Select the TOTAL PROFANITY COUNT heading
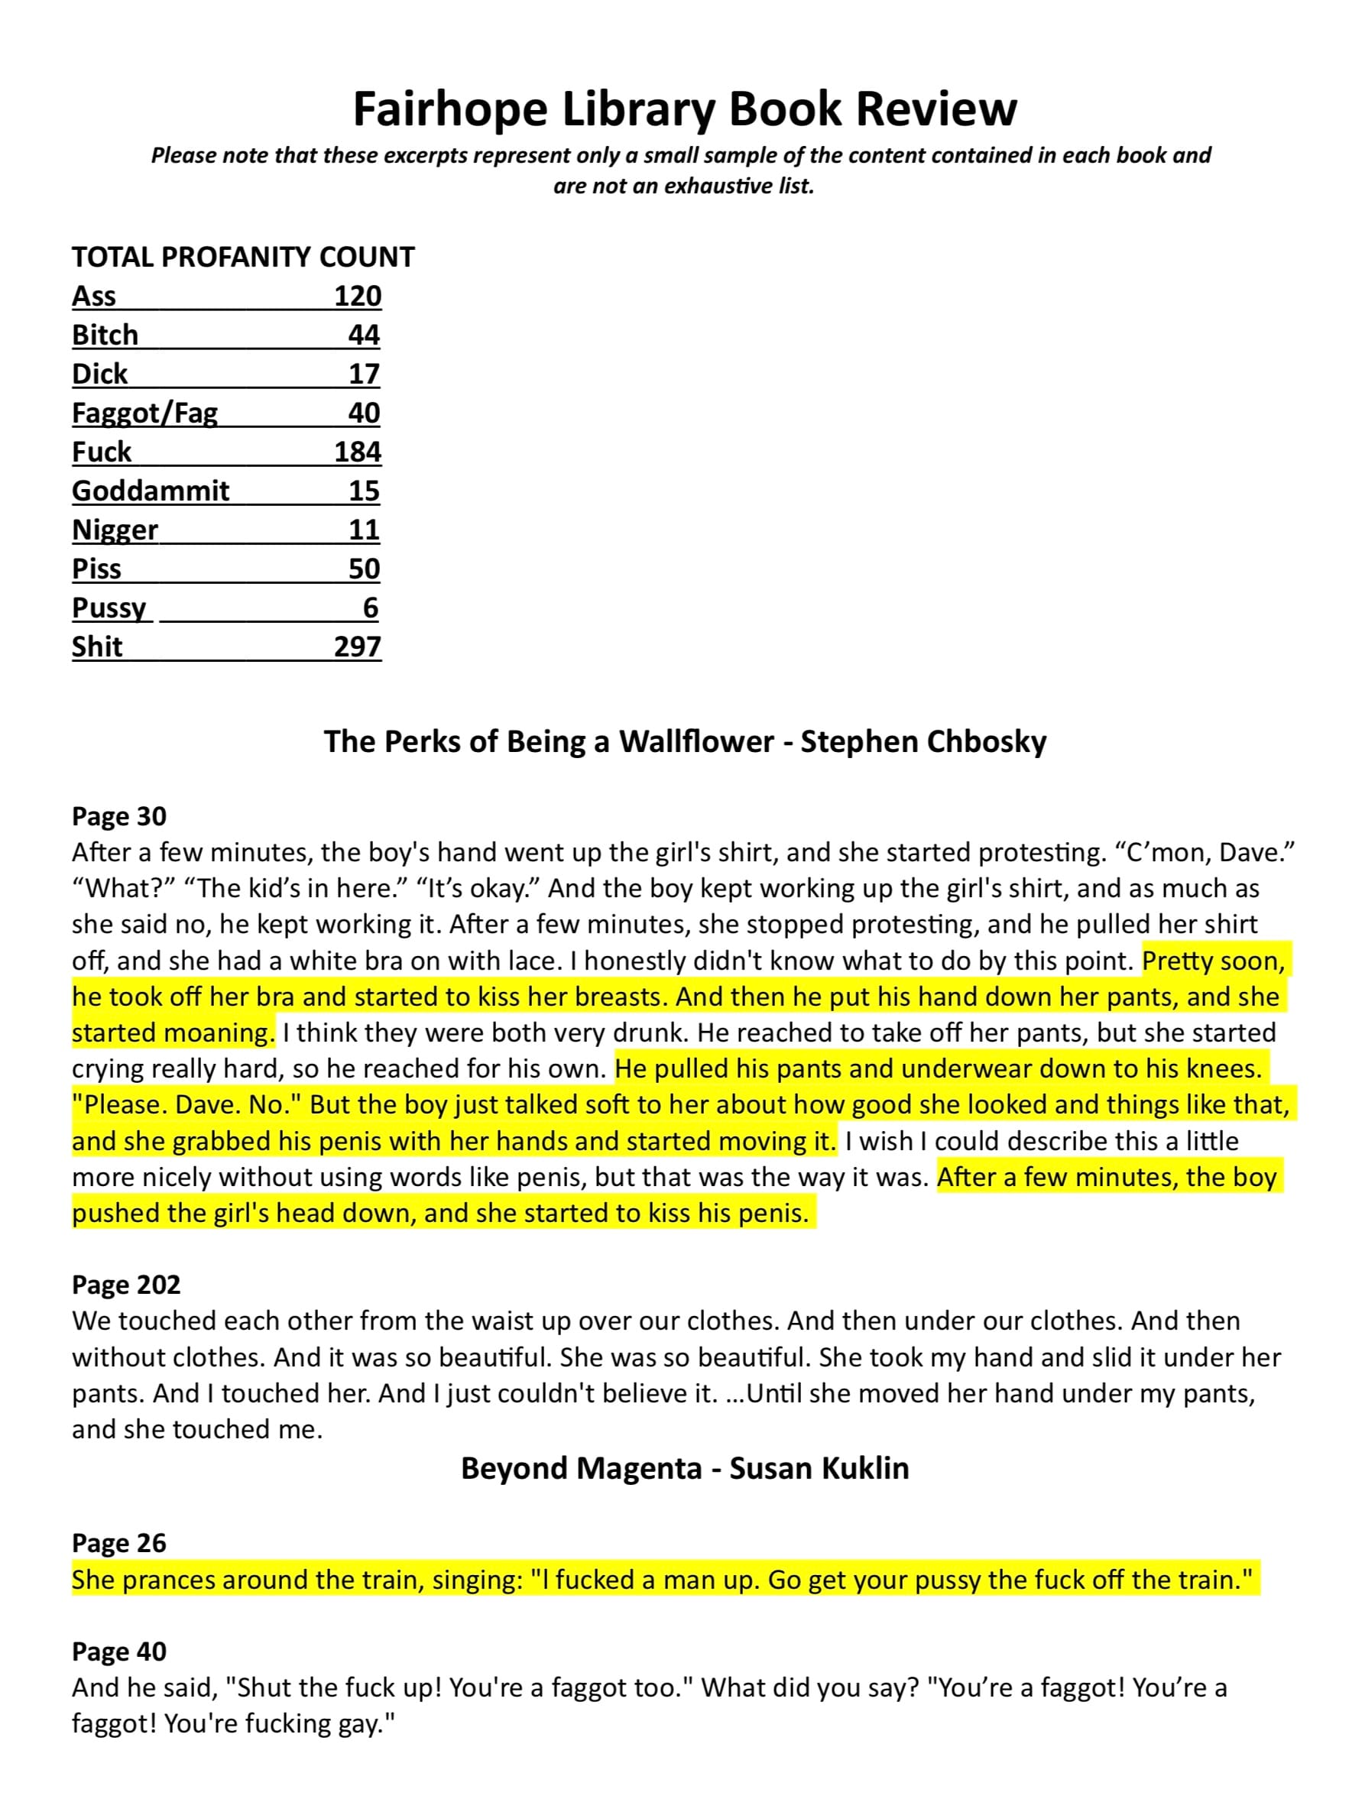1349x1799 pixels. pos(243,257)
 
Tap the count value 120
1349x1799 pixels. pos(358,296)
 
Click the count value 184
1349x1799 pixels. pos(358,452)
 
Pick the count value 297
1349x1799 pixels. pos(358,647)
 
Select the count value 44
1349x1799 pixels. pos(365,335)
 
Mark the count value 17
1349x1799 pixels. pos(365,374)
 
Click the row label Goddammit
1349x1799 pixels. pos(151,491)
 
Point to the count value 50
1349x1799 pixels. pos(365,569)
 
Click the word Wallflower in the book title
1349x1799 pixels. pos(696,742)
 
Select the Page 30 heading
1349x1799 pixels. pos(119,815)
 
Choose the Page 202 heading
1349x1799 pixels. pos(126,1284)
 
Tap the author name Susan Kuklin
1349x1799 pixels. pos(819,1468)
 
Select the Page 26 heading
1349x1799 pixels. pos(119,1543)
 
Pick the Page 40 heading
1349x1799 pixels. pos(119,1652)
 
